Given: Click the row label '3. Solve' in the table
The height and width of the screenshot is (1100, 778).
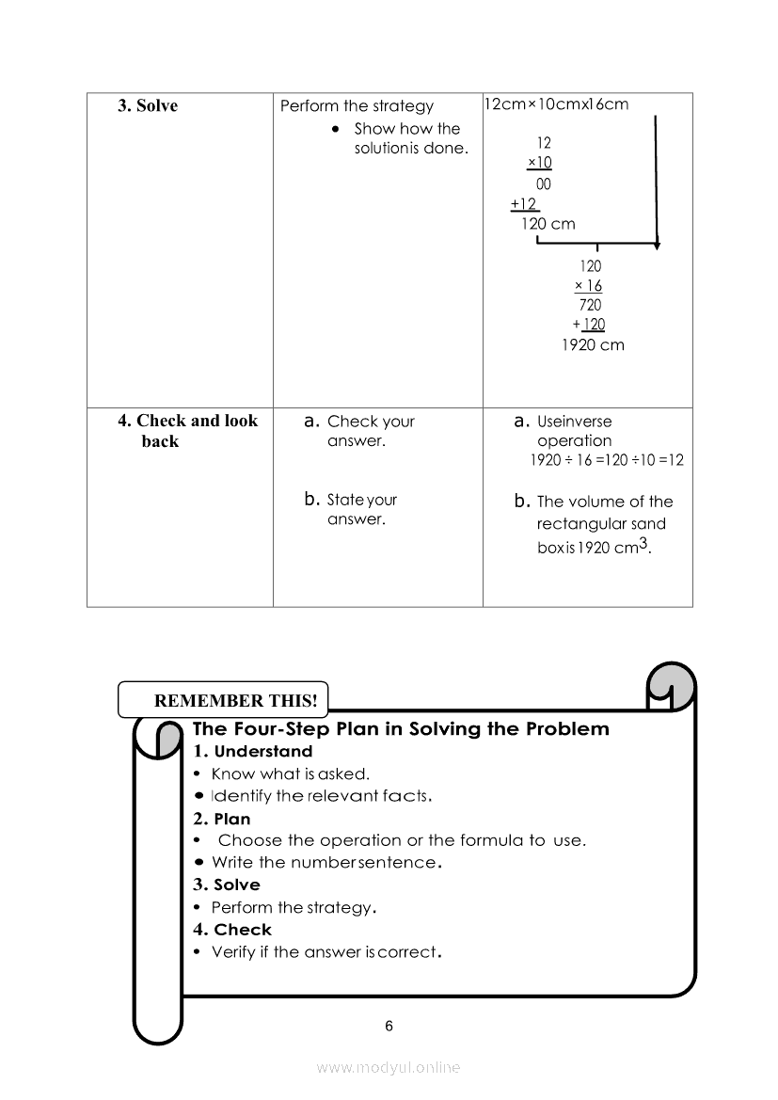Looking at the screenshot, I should pyautogui.click(x=148, y=105).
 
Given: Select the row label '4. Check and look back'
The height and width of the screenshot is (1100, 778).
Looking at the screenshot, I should pyautogui.click(x=187, y=431).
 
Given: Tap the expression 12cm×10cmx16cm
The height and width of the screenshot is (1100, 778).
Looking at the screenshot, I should pyautogui.click(x=555, y=104).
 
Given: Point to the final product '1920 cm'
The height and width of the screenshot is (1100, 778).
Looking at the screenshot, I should pyautogui.click(x=592, y=344).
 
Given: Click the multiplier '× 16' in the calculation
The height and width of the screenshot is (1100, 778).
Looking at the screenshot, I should pyautogui.click(x=588, y=285).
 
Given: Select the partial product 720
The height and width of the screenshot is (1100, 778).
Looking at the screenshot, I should pyautogui.click(x=590, y=305).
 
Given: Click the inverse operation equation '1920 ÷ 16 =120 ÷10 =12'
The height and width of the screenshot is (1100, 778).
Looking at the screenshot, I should pyautogui.click(x=607, y=460).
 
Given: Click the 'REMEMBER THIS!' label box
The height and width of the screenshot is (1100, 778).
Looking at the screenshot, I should pyautogui.click(x=222, y=700).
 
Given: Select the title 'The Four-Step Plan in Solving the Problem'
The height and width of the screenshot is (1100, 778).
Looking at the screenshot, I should pyautogui.click(x=401, y=729).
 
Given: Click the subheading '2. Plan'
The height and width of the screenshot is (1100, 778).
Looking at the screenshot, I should pyautogui.click(x=222, y=819).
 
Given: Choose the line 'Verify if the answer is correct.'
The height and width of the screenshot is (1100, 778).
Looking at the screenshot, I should pyautogui.click(x=325, y=951).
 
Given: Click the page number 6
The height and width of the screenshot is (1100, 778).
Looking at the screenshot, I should pyautogui.click(x=389, y=1026).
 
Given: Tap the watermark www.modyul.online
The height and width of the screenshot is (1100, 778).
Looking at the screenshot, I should pyautogui.click(x=389, y=1067).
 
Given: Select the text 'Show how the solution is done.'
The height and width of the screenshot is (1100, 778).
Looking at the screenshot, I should pyautogui.click(x=410, y=138).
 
